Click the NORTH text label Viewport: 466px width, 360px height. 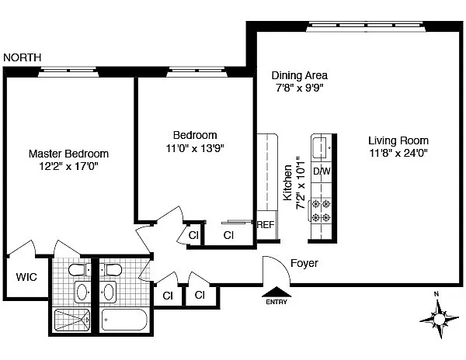coord(23,57)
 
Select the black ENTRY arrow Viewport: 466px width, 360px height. coord(276,293)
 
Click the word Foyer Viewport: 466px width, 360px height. coord(304,264)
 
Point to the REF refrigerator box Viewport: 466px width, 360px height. coord(266,225)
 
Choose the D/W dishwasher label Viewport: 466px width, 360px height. coord(321,171)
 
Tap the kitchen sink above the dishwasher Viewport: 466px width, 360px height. coord(320,145)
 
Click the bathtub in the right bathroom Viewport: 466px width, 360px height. coord(124,320)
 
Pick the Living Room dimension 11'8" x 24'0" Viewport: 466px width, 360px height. coord(398,153)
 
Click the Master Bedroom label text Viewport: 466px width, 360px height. coord(68,154)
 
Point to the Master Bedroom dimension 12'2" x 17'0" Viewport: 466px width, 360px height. coord(68,166)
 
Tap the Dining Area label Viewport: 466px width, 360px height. coord(299,75)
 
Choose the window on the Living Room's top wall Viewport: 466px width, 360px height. coord(367,26)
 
